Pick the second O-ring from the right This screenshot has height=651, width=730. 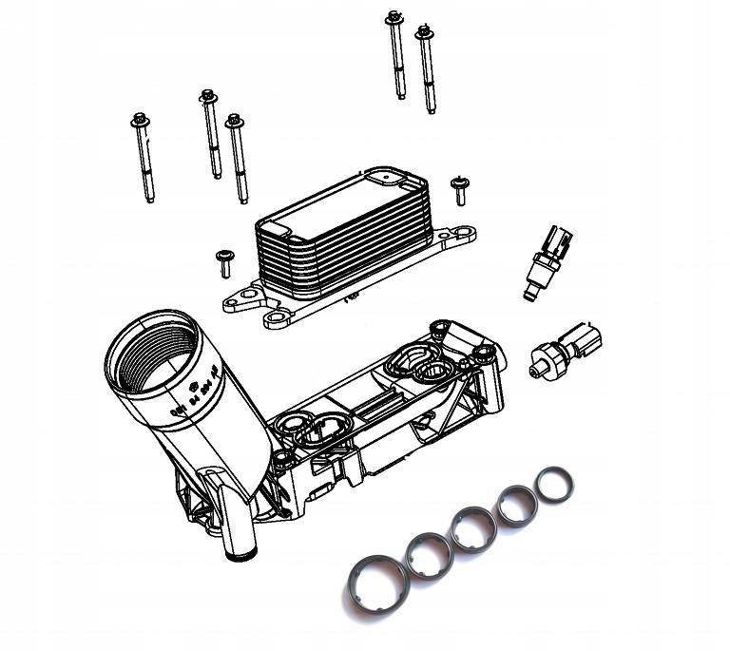(x=517, y=504)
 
